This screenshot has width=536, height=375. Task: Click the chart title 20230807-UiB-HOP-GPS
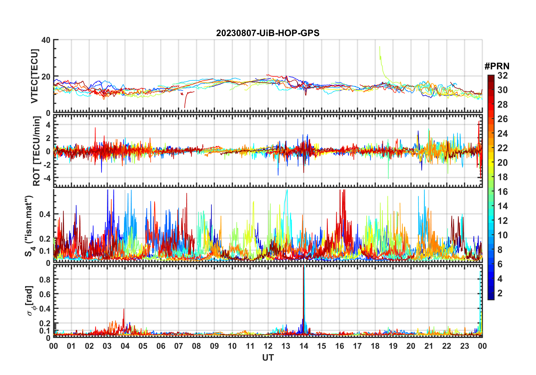click(268, 33)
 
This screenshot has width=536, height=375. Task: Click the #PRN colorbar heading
click(497, 66)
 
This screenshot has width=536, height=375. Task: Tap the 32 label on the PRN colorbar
click(502, 76)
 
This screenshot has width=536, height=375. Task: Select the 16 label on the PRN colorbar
click(502, 192)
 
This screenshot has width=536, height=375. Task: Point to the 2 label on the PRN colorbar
click(500, 293)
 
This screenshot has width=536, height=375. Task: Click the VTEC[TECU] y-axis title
click(34, 76)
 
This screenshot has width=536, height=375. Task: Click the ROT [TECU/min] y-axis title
click(37, 151)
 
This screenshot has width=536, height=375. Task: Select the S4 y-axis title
click(29, 226)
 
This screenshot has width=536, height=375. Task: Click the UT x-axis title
click(268, 358)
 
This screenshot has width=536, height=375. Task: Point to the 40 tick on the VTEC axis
click(46, 40)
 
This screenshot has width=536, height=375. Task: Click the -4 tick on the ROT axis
click(47, 178)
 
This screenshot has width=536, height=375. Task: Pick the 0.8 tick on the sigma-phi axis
click(45, 279)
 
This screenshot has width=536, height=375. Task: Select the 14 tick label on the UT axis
click(304, 346)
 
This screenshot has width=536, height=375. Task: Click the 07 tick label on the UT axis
click(179, 346)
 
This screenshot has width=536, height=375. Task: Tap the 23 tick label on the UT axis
click(464, 346)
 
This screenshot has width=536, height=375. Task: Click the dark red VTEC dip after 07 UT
click(185, 107)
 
